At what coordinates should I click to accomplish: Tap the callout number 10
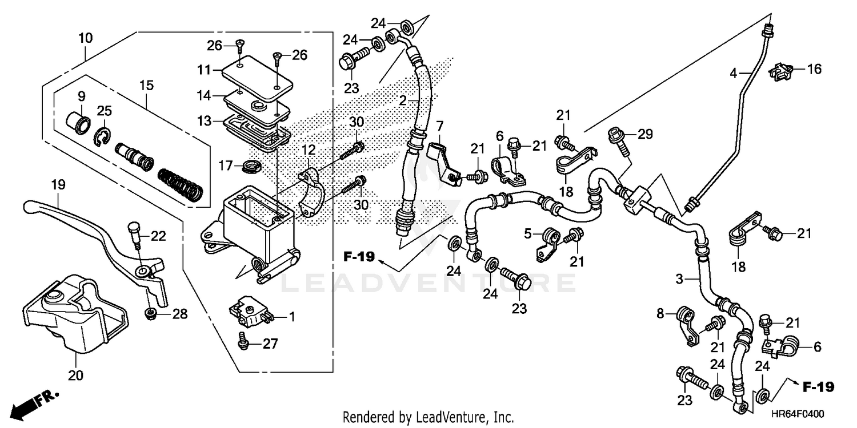point(85,38)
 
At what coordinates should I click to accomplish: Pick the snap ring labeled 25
point(101,136)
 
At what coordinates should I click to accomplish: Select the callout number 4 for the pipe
point(733,72)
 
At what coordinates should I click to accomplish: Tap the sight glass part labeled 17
point(250,167)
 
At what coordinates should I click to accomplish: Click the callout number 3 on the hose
point(679,279)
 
